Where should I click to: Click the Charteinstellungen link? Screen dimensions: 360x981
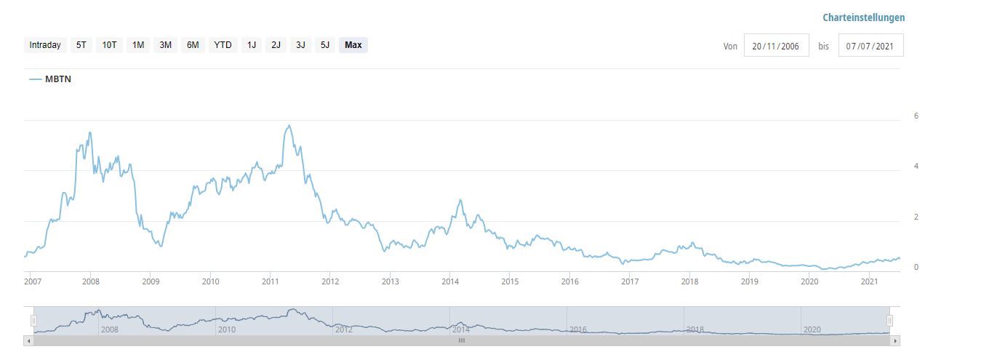pos(863,17)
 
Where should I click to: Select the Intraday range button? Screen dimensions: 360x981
pos(45,45)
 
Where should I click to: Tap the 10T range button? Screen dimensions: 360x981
pos(109,45)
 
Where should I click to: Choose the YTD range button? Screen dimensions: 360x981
pos(223,45)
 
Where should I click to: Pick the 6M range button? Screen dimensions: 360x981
pos(193,45)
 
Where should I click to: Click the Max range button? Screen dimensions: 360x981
pos(353,45)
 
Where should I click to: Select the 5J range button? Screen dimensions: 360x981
pos(325,45)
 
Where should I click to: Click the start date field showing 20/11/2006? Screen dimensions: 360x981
pos(776,46)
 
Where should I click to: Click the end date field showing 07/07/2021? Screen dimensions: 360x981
pos(870,46)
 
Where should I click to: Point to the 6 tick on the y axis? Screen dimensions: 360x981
pos(916,116)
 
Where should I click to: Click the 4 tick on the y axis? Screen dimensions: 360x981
pos(916,167)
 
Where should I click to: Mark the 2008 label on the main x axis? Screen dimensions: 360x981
pos(90,281)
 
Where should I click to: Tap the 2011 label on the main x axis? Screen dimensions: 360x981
pos(271,281)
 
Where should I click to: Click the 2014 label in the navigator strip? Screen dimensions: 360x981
pos(461,329)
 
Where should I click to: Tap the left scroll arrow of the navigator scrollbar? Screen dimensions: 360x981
pos(29,340)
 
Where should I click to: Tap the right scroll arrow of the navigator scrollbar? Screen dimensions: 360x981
pos(896,340)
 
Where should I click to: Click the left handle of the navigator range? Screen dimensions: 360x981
pos(33,321)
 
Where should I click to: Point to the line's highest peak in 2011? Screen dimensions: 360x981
pos(289,126)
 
